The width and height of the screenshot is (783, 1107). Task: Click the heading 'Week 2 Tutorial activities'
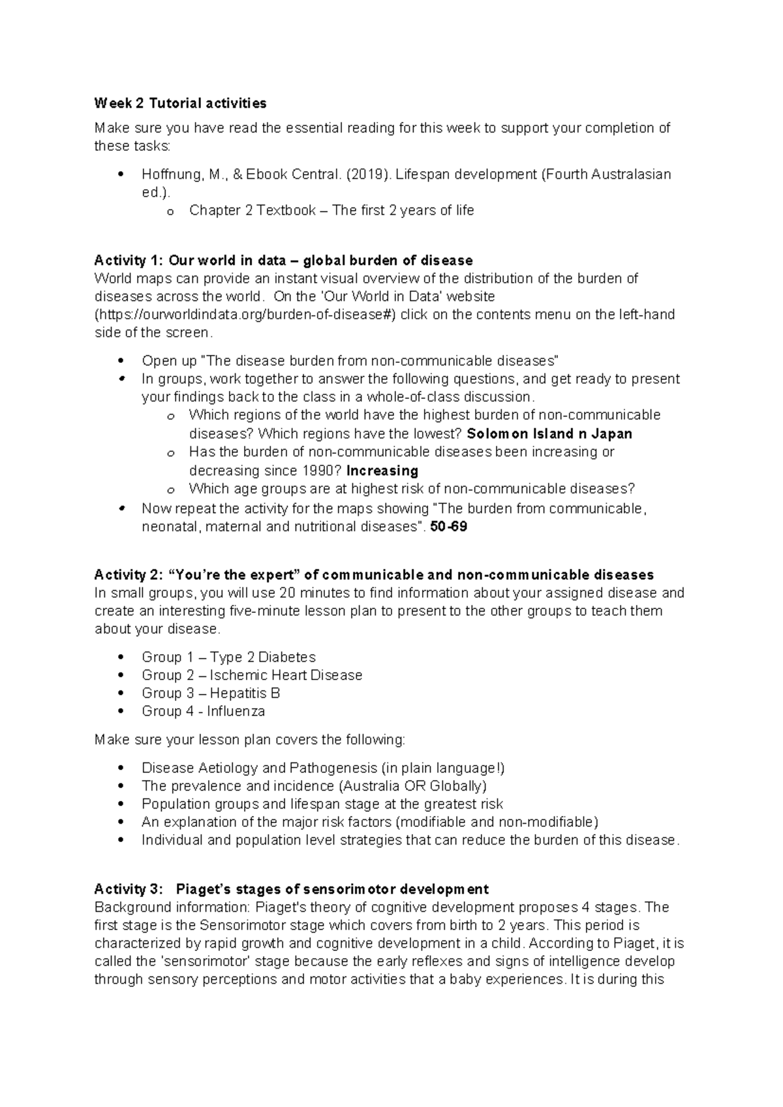pyautogui.click(x=180, y=103)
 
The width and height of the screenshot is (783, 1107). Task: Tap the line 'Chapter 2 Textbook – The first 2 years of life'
pyautogui.click(x=331, y=210)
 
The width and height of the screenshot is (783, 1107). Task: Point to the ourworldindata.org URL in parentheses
pyautogui.click(x=245, y=315)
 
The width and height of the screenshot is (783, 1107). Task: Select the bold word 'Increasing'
pyautogui.click(x=382, y=471)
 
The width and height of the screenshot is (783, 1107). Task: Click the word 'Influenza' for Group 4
pyautogui.click(x=236, y=711)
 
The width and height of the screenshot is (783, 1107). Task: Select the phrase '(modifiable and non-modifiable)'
pyautogui.click(x=497, y=822)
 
